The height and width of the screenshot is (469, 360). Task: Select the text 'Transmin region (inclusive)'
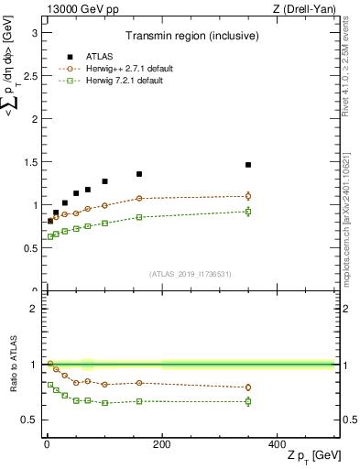pos(191,37)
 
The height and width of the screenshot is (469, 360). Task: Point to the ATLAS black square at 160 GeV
pos(139,174)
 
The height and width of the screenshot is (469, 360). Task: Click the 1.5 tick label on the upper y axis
pos(28,162)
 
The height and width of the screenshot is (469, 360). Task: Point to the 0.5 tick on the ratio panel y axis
pos(28,420)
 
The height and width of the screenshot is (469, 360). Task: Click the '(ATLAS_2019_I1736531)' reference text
pos(190,274)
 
